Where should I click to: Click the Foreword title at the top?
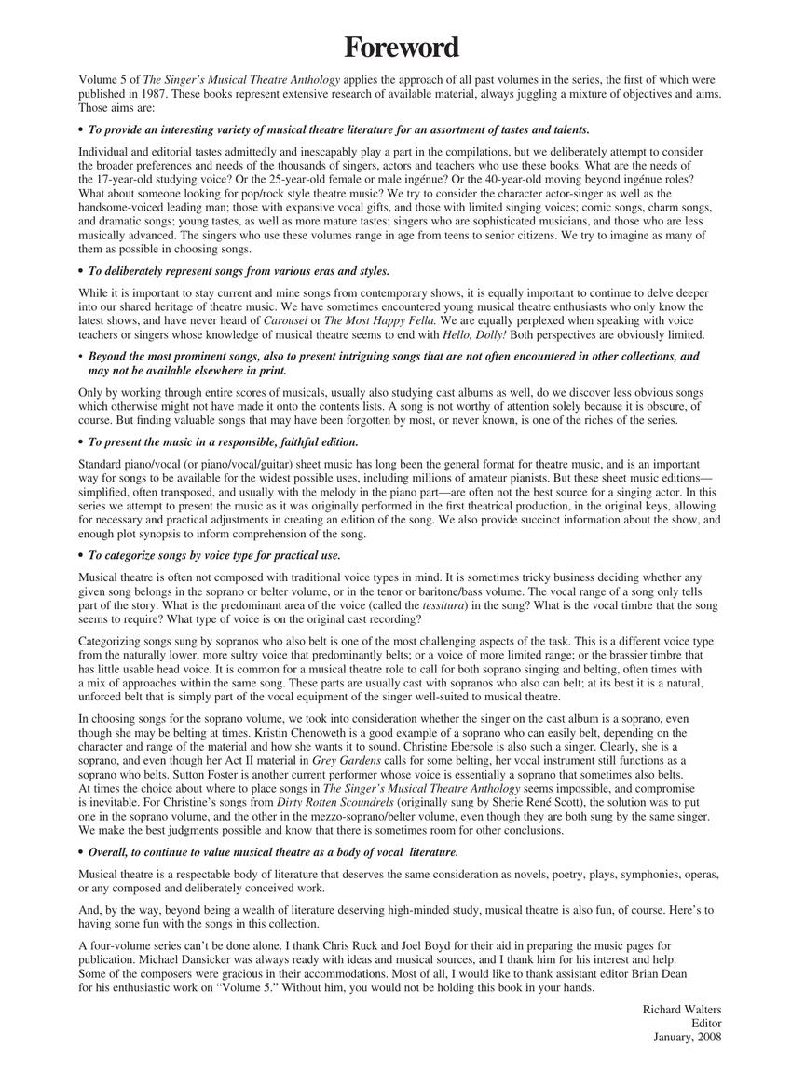pos(402,47)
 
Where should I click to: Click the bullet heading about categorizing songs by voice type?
pos(214,555)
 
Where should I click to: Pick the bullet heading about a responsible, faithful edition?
pos(223,441)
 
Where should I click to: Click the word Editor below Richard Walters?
pos(705,1023)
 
